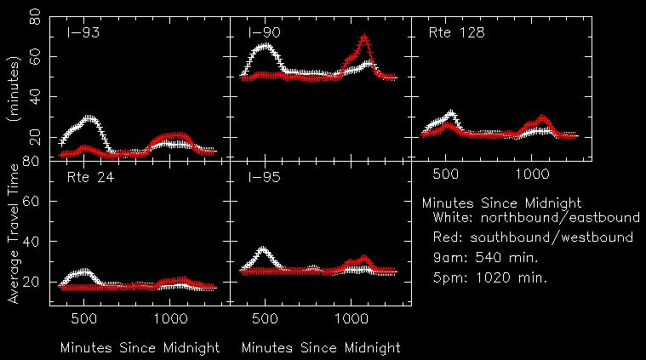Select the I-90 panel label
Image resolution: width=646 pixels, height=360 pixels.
tap(264, 33)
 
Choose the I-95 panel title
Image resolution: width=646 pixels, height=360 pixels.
tap(264, 177)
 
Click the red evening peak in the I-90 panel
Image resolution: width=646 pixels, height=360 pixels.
tap(364, 38)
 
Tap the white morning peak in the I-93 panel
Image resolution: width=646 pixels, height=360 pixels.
tap(90, 119)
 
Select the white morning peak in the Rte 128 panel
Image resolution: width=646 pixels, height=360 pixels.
tap(451, 113)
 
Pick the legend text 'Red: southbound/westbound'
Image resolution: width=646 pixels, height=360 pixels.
tap(533, 237)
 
